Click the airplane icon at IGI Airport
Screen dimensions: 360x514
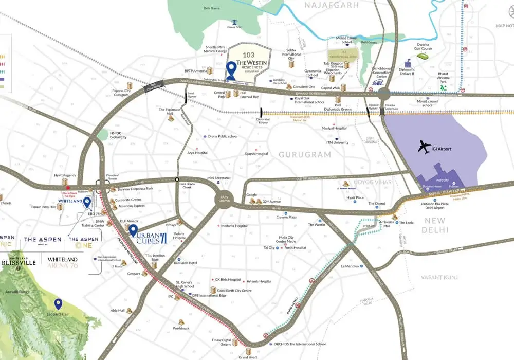pos(425,147)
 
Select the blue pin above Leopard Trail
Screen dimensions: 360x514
pos(59,304)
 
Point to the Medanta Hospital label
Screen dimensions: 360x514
pos(234,226)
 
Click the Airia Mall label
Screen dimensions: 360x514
pos(118,311)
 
